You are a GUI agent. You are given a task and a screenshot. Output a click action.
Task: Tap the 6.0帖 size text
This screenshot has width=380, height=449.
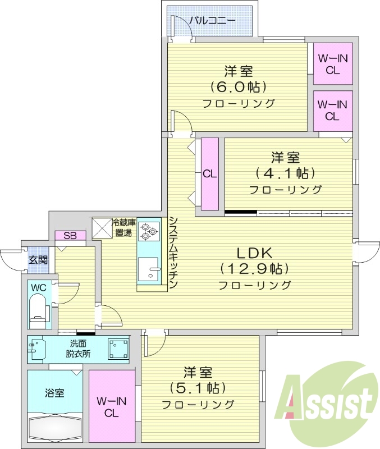point(238,87)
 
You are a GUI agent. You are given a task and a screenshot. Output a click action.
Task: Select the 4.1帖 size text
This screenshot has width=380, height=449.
point(285,172)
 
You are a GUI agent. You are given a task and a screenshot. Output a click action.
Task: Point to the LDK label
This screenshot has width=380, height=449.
point(254,252)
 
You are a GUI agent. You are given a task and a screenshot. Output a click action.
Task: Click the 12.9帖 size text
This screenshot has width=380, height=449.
point(254,268)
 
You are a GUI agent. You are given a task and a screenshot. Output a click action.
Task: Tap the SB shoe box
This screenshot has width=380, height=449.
point(70,236)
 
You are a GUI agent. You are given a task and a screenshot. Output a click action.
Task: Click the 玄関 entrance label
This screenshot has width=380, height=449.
point(38,260)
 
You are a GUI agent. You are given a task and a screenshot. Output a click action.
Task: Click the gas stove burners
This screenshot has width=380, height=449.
point(149,232)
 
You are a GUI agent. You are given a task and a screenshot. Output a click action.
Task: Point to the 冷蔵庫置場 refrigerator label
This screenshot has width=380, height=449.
point(123,227)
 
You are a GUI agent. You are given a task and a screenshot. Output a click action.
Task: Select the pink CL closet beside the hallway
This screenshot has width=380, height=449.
point(209,173)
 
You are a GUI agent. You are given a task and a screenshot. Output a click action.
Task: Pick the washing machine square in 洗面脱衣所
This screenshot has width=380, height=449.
point(118,349)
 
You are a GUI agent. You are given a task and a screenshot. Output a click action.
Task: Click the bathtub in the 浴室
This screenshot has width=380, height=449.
point(55,429)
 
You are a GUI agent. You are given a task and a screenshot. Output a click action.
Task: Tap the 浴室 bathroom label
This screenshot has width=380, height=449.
point(54,393)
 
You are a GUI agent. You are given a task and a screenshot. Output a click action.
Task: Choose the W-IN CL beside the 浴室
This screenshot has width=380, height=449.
point(112,407)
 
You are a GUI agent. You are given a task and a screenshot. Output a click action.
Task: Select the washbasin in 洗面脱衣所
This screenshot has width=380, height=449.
point(36,349)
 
